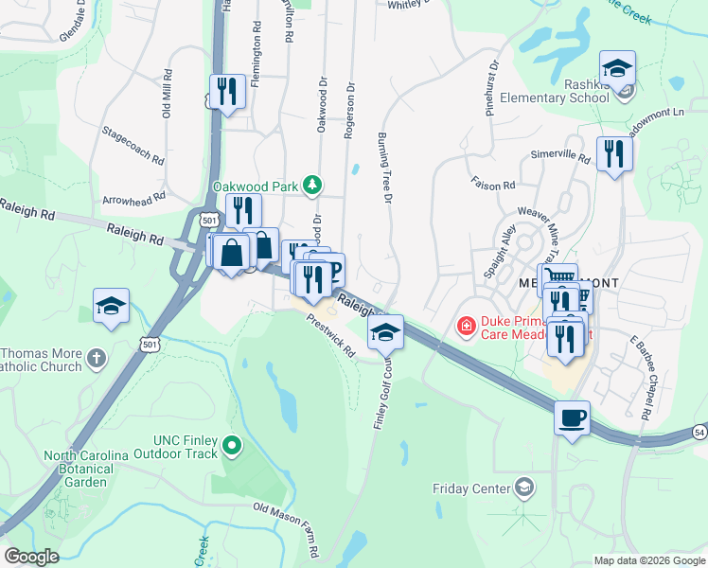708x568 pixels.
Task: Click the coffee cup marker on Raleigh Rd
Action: coord(572,417)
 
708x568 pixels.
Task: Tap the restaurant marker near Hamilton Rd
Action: coord(227,92)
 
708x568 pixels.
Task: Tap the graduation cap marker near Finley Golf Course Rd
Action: coord(385,332)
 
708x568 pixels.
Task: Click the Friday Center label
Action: coord(470,488)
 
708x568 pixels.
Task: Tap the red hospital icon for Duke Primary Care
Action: coord(465,328)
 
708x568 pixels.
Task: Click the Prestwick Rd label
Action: coord(330,336)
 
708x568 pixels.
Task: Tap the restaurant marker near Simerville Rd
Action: coord(614,155)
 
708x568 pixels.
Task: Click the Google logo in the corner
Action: coord(32,557)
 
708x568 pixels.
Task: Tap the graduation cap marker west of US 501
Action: coord(111,307)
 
